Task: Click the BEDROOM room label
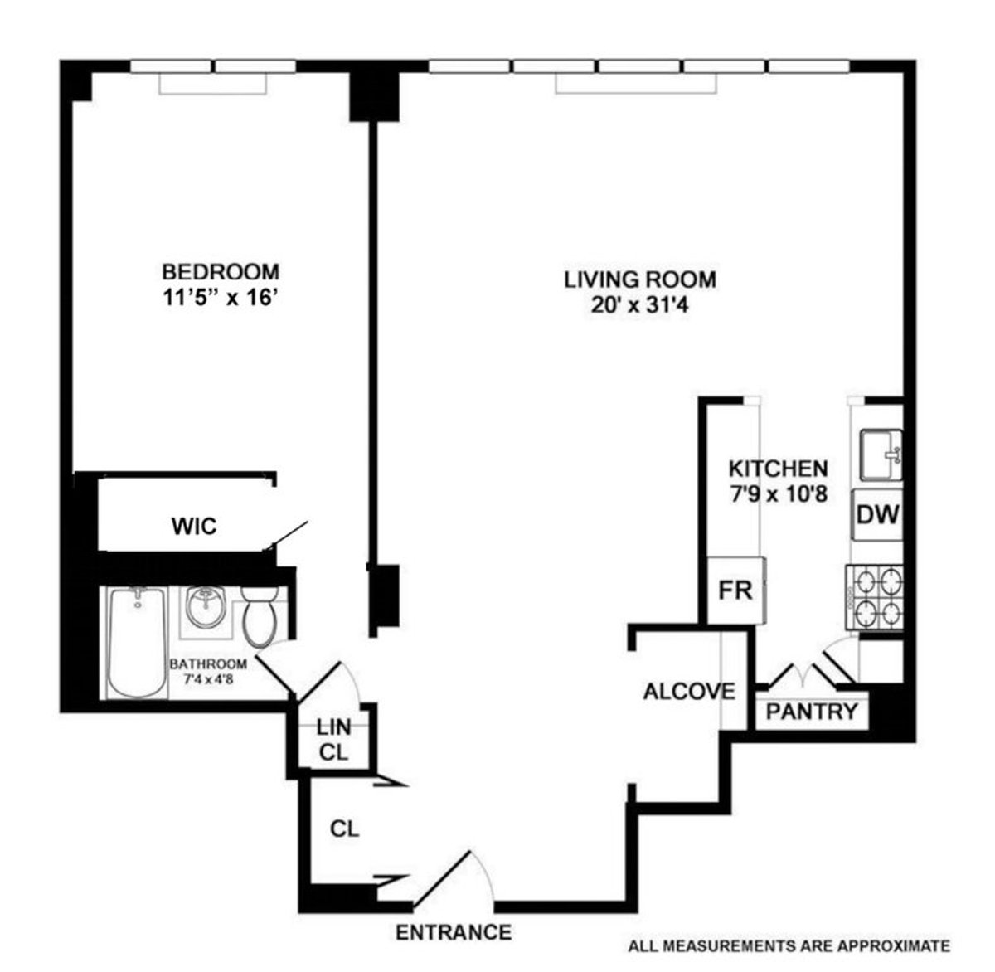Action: coord(220,271)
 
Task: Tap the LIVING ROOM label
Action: coord(639,279)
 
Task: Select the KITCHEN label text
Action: coord(777,469)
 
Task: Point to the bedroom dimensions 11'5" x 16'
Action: coord(220,297)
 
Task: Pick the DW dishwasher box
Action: coord(877,516)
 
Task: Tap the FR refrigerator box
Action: coord(735,590)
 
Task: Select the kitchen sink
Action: coord(881,454)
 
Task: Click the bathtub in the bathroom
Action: coord(136,642)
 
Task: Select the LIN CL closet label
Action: coord(333,740)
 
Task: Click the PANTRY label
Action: coord(811,712)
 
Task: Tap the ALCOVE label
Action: coord(689,691)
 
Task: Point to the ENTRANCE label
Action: coord(454,932)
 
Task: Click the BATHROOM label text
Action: coord(208,664)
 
